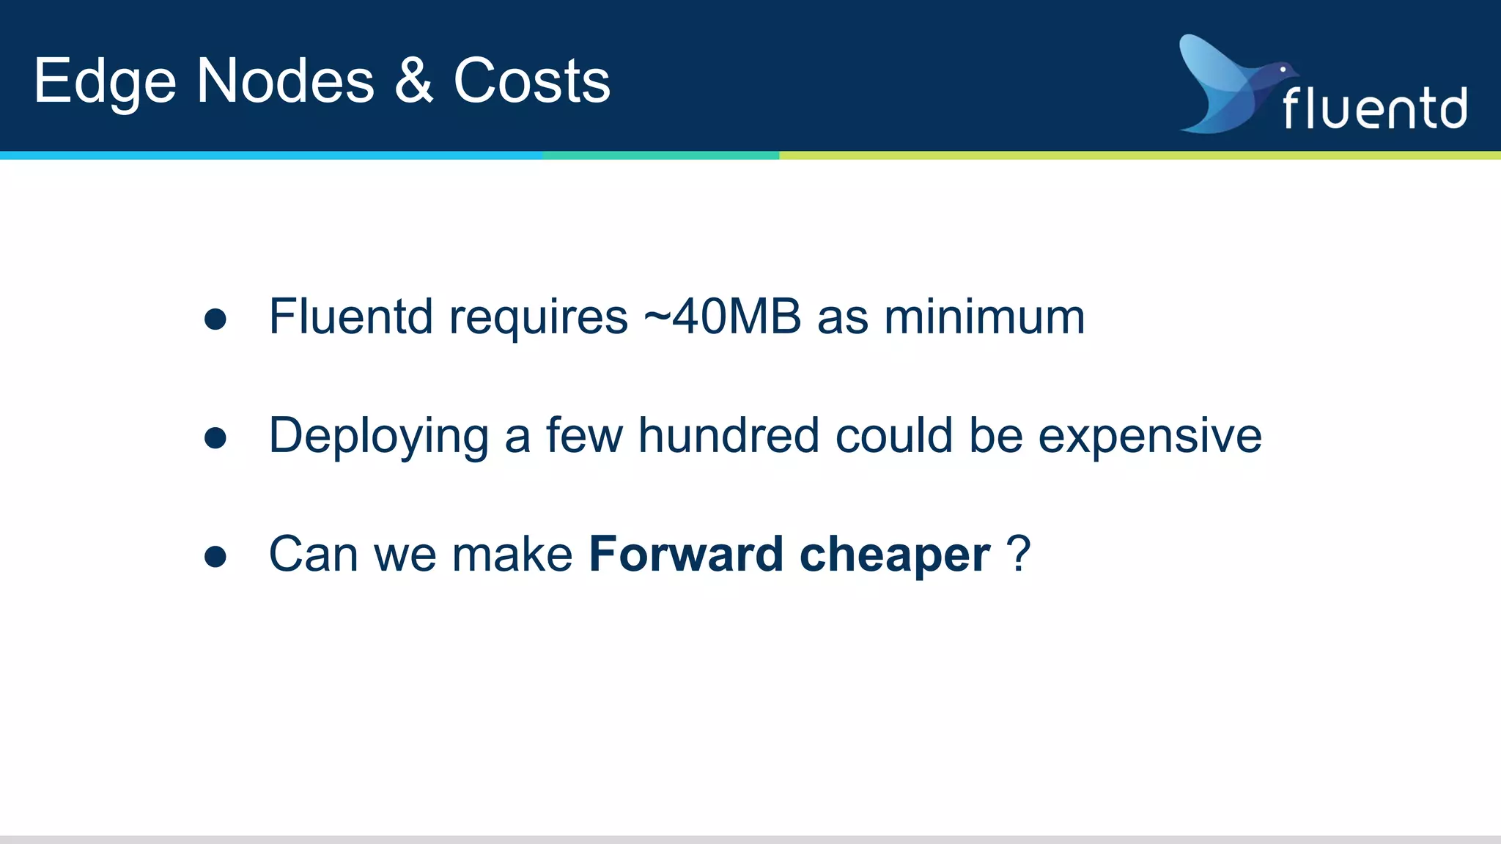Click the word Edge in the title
point(105,82)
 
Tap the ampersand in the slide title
point(414,80)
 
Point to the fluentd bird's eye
point(1283,70)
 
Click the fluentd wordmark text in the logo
point(1374,108)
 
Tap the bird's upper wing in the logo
point(1209,62)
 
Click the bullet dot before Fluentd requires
point(215,319)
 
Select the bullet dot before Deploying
point(215,437)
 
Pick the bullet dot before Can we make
point(215,556)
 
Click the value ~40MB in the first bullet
point(722,317)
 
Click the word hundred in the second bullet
point(728,435)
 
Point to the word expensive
point(1150,437)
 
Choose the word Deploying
point(379,437)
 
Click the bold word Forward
point(686,554)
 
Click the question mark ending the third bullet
point(1019,553)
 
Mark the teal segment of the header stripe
point(660,155)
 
